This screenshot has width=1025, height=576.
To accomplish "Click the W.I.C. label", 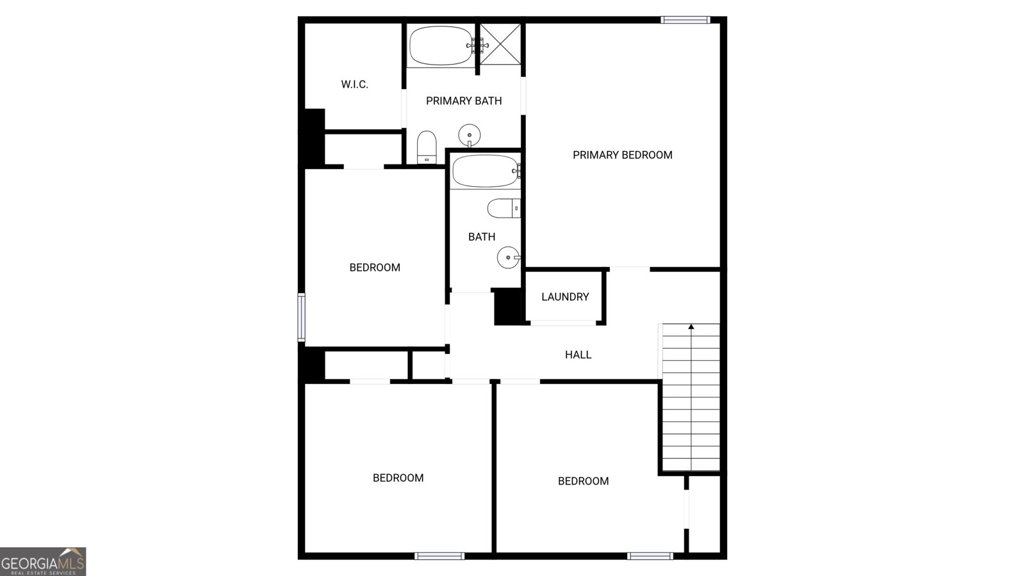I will click(x=354, y=84).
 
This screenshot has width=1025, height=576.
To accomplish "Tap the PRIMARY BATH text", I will click(x=463, y=101).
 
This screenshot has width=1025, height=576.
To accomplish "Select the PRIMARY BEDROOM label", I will click(x=622, y=155).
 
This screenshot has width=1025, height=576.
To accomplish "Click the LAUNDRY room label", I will click(x=564, y=297).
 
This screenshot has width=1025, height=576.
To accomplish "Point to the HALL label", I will click(x=578, y=355).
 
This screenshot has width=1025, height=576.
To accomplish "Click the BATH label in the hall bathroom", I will click(x=481, y=237).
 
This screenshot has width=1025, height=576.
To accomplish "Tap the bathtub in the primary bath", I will click(x=441, y=45).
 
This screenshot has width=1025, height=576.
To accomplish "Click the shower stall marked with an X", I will click(x=500, y=44).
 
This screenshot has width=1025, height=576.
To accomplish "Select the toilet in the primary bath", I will click(x=427, y=147).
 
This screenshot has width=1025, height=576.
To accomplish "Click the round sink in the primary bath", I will click(x=470, y=135).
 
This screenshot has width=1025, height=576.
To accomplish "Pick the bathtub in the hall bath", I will click(x=484, y=171).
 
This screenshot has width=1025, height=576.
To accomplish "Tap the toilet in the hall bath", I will click(x=503, y=208).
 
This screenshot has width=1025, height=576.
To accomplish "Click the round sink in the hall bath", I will click(x=507, y=258).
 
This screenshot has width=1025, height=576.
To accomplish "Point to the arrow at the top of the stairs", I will click(x=691, y=327).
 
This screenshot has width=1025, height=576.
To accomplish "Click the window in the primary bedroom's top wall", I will click(x=685, y=20).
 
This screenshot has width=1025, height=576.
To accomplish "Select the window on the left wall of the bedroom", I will click(x=301, y=317).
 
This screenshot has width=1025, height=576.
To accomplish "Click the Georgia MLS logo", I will click(x=43, y=562).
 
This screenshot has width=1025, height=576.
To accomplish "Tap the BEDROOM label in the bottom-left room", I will click(x=398, y=478).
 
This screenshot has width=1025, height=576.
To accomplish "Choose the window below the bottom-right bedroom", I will click(x=650, y=556).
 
